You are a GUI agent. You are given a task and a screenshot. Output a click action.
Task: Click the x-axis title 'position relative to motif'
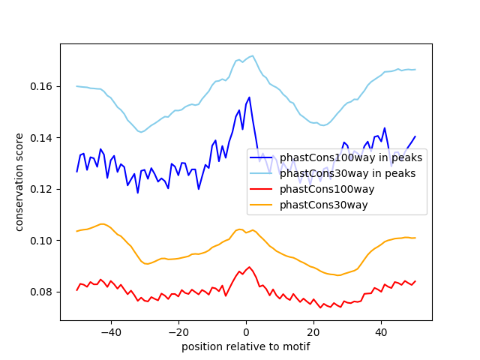[245, 346]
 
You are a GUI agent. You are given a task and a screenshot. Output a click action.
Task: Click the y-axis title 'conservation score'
[19, 182]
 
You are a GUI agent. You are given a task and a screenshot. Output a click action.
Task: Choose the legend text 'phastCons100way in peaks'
[351, 157]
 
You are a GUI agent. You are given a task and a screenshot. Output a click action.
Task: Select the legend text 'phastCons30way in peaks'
[347, 173]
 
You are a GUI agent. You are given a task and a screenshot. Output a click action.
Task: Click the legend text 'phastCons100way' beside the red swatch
[327, 189]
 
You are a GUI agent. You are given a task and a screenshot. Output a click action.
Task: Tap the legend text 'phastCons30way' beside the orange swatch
[323, 205]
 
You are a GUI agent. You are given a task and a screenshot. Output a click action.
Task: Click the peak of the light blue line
[252, 55]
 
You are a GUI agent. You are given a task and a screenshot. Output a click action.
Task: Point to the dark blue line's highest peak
[249, 97]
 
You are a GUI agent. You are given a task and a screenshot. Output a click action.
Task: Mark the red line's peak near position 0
[250, 266]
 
